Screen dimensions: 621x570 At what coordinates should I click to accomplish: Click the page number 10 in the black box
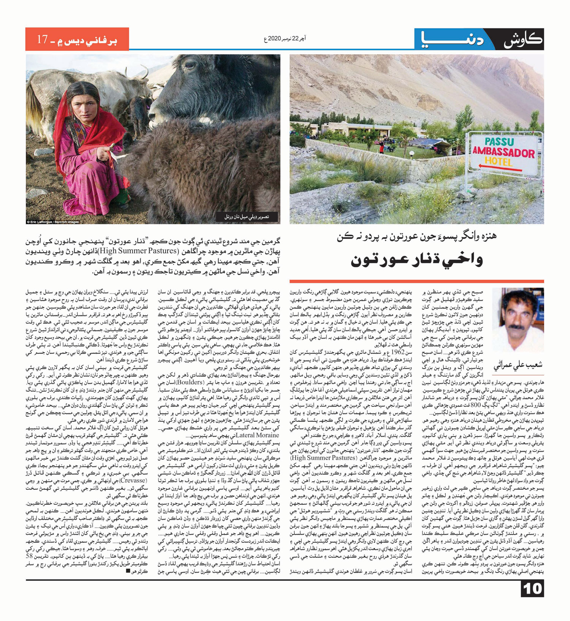[532, 588]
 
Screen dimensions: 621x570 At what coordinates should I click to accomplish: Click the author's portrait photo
[518, 319]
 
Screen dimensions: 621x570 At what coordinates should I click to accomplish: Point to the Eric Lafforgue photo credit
[53, 222]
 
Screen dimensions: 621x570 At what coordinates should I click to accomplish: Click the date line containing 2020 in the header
[285, 38]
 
